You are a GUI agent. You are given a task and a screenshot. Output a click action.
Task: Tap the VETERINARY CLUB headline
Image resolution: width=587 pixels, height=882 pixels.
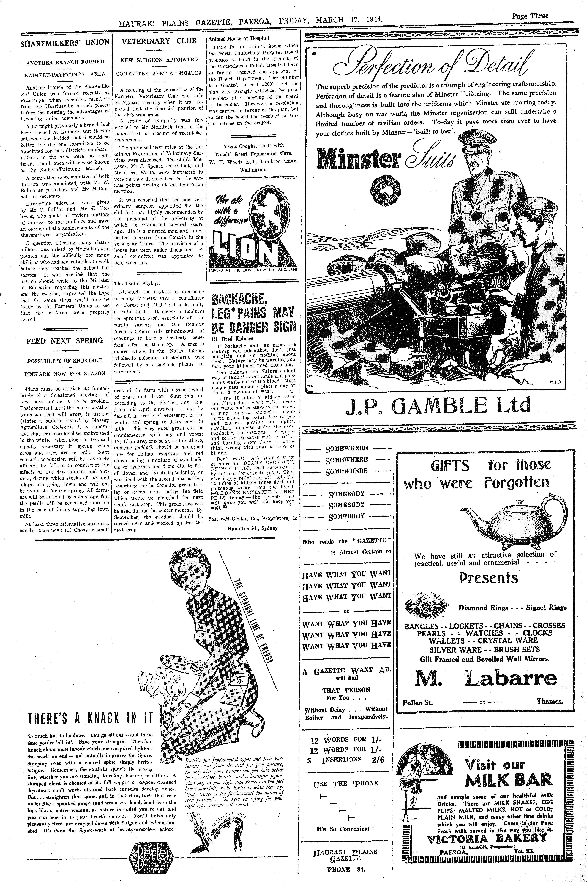159,41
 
